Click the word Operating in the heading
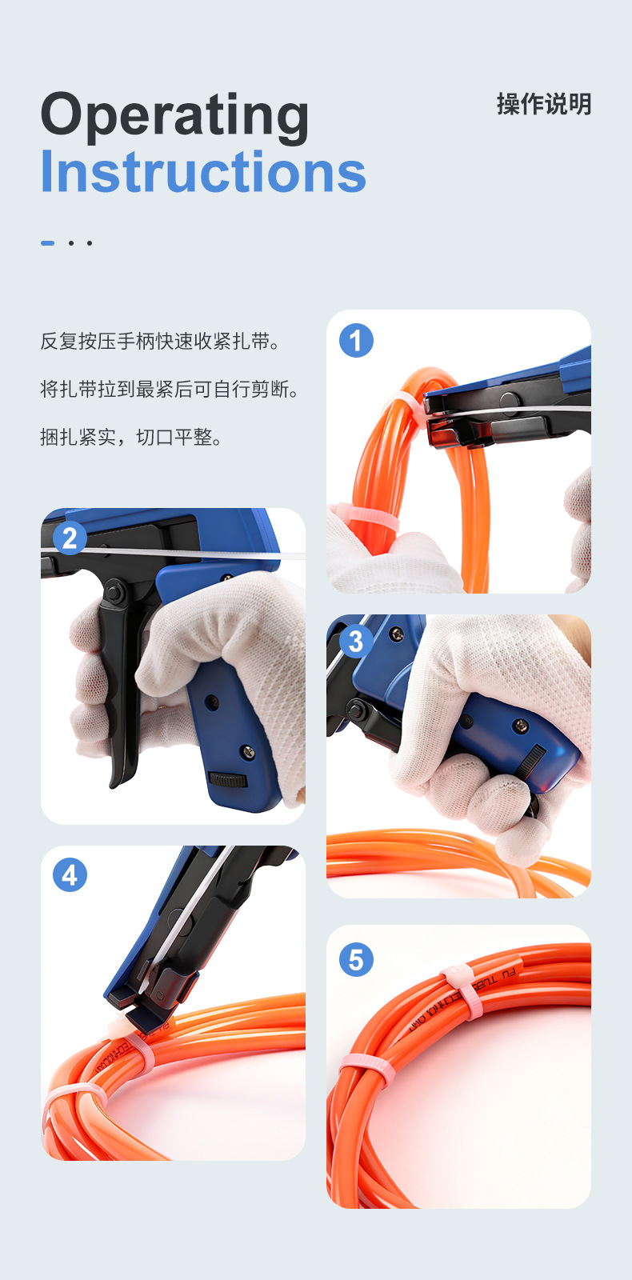coord(174,117)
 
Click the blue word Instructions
coord(203,172)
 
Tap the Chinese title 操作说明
coord(543,104)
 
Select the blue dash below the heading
coord(48,242)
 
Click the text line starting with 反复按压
coord(161,342)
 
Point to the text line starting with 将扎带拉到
coord(170,390)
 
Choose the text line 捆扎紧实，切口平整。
coord(132,438)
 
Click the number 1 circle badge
coord(356,340)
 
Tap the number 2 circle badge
coord(70,538)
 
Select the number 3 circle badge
coord(356,641)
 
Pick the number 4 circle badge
coord(70,875)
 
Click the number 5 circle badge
coord(356,959)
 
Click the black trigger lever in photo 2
coord(121,704)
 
